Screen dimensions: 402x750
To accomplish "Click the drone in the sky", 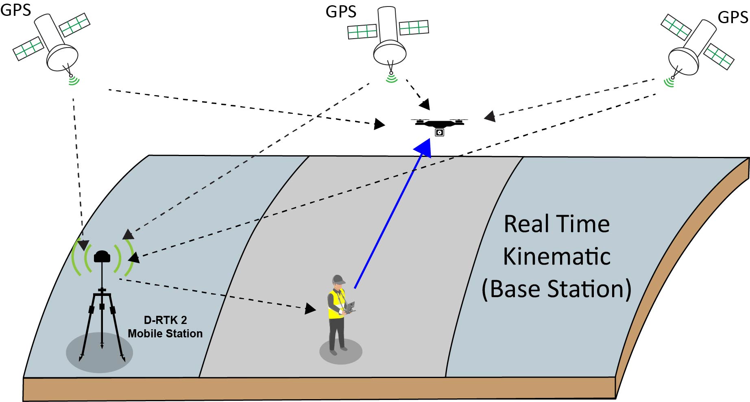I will click(x=439, y=124).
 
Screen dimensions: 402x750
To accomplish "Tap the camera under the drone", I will click(x=439, y=133).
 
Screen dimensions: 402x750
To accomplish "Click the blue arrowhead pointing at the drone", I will click(x=424, y=147).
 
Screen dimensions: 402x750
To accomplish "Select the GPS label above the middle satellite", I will click(x=341, y=12).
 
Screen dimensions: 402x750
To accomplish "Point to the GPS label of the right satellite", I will click(x=733, y=17).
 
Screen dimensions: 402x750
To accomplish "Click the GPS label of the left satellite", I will click(x=15, y=10).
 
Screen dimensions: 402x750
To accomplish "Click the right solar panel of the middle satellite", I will click(x=414, y=28).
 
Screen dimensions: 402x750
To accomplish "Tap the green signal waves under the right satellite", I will click(x=669, y=83).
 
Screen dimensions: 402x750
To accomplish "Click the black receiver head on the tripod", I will click(x=102, y=256).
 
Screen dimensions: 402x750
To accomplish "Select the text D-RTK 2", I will click(x=165, y=320).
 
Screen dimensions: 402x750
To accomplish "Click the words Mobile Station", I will click(x=165, y=334).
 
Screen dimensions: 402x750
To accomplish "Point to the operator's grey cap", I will click(x=338, y=279).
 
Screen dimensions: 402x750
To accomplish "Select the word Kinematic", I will click(x=556, y=256).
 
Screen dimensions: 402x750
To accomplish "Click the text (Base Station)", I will click(x=556, y=289).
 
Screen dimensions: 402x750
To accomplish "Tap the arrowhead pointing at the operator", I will click(x=310, y=309).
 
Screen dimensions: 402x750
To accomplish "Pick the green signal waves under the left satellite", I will click(x=74, y=81).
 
